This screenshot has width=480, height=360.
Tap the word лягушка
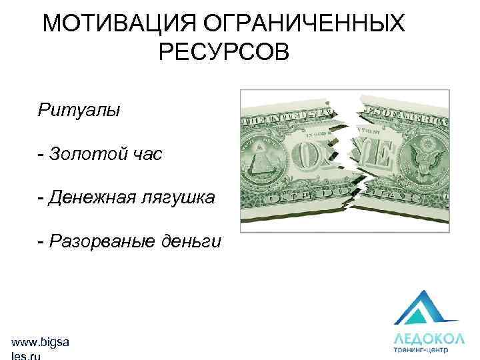click(x=178, y=197)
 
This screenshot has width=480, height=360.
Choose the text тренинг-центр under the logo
click(x=420, y=349)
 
